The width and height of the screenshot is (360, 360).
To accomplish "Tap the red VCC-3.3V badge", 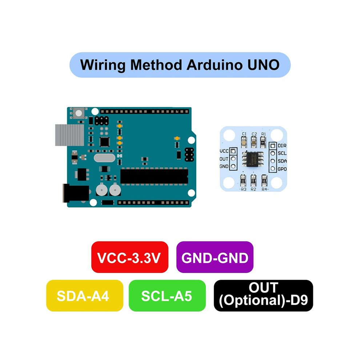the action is [x=130, y=257].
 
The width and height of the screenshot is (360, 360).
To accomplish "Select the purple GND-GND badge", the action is [x=215, y=257].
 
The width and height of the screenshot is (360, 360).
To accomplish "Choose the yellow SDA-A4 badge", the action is [x=85, y=296].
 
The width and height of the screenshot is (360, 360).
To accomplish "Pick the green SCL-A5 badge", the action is [x=167, y=296].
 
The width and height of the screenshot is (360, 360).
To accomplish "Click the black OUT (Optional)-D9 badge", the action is [x=263, y=296].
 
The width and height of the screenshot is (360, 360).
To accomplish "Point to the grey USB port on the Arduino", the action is [x=70, y=135].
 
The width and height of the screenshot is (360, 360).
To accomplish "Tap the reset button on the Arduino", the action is [x=79, y=113].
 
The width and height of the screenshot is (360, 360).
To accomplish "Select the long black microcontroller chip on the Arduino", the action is [x=154, y=176].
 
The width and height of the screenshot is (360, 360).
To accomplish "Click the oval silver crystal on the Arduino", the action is [x=104, y=158].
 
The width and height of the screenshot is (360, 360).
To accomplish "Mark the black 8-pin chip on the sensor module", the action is [x=253, y=159].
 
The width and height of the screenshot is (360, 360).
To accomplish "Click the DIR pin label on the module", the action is [x=282, y=145].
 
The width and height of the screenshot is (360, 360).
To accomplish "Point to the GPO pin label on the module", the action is [x=282, y=169].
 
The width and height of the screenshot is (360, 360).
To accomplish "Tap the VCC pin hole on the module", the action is [x=233, y=151].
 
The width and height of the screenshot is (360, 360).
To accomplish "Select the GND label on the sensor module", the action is [x=224, y=166].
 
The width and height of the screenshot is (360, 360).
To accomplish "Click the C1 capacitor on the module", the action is [x=244, y=142].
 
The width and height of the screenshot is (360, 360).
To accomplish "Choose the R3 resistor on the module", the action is [x=243, y=180].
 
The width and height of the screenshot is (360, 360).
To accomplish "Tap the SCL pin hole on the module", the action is [x=273, y=153].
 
